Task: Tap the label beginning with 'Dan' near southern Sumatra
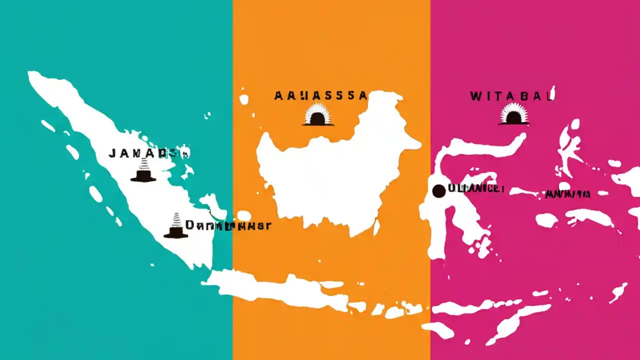(228, 225)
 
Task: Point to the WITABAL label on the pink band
(511, 96)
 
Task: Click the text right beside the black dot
(475, 189)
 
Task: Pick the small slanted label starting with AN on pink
(568, 194)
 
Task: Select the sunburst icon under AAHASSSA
(317, 115)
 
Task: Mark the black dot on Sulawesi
(438, 190)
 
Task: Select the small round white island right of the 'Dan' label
(244, 215)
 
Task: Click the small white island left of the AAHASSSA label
(244, 99)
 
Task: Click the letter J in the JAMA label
(112, 154)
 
